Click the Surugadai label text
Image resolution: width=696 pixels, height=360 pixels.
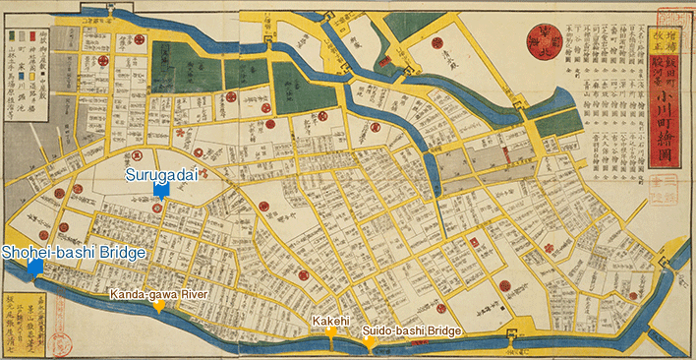(x=163, y=173)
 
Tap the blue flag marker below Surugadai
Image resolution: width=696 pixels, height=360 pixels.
(x=164, y=188)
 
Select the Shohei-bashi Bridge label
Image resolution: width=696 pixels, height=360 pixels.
(x=73, y=253)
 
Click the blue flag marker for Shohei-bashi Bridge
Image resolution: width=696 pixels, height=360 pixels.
(x=34, y=267)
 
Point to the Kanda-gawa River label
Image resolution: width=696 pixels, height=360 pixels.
(x=157, y=293)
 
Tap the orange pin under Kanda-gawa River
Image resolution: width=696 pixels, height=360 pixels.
(x=158, y=307)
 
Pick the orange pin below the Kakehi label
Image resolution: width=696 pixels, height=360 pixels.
(x=332, y=333)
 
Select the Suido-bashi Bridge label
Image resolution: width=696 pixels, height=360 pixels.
(x=412, y=331)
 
